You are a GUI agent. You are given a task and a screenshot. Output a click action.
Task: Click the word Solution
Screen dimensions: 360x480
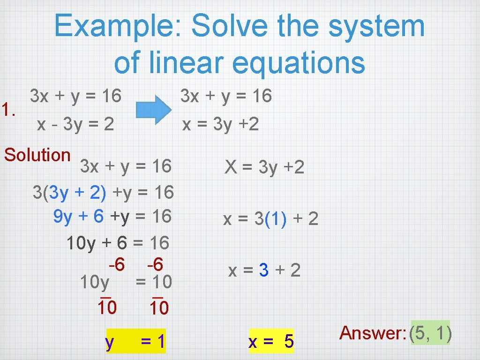pyautogui.click(x=37, y=155)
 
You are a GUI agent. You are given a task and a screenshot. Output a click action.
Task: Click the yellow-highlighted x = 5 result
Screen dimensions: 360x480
pyautogui.click(x=271, y=342)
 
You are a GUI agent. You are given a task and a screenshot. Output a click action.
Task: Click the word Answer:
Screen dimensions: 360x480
pyautogui.click(x=373, y=333)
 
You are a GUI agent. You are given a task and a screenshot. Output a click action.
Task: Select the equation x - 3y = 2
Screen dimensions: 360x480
pyautogui.click(x=75, y=124)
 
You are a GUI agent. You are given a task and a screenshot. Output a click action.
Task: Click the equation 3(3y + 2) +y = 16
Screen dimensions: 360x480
pyautogui.click(x=103, y=191)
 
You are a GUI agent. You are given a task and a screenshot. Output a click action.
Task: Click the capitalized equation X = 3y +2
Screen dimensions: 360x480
pyautogui.click(x=264, y=167)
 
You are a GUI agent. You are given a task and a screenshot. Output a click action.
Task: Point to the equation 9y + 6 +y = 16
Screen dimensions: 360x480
pyautogui.click(x=112, y=216)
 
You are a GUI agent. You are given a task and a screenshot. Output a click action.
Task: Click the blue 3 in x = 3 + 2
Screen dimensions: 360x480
pyautogui.click(x=264, y=270)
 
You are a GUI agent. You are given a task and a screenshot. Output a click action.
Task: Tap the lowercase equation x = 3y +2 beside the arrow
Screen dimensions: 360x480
pyautogui.click(x=220, y=124)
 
